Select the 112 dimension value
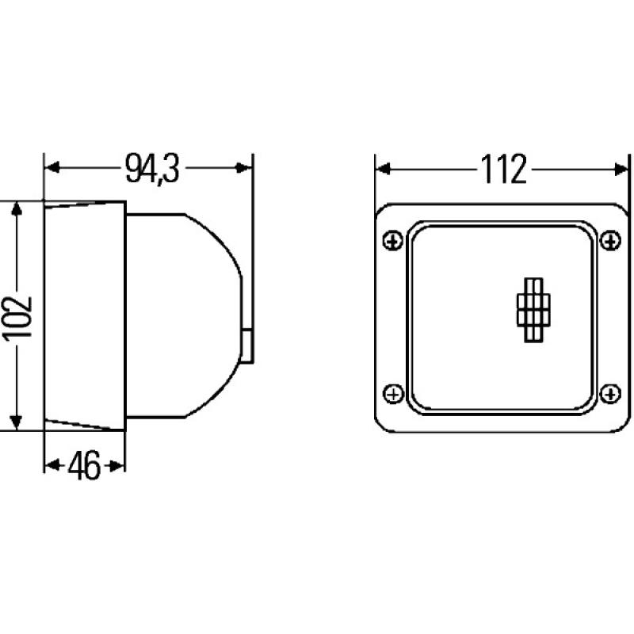(502, 169)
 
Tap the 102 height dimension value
(17, 317)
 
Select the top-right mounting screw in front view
(610, 240)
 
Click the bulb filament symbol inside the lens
(532, 311)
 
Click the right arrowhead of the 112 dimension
(618, 169)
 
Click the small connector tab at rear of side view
(249, 346)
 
